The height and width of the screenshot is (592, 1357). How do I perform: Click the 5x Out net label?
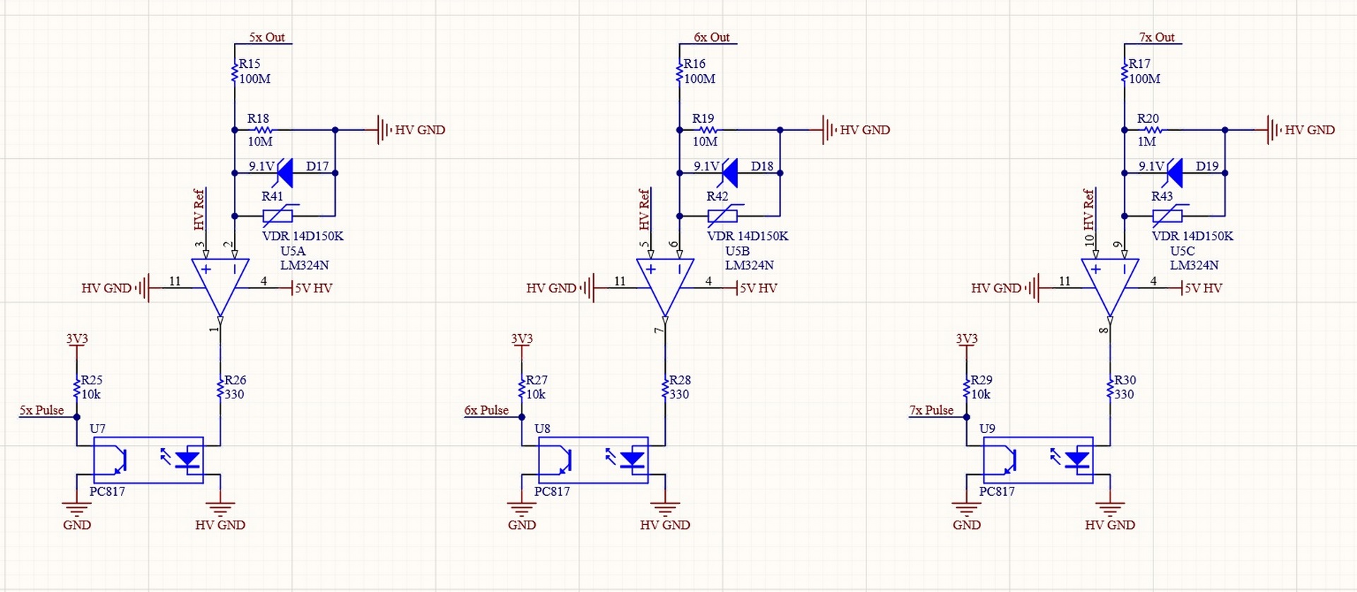point(266,37)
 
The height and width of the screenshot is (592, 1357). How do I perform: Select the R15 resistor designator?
point(249,64)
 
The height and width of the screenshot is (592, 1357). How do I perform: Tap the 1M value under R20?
point(1146,141)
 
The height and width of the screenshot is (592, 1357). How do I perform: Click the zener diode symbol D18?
point(728,172)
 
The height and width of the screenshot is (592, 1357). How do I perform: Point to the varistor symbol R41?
point(278,215)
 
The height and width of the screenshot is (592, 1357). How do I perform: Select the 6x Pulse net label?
point(486,410)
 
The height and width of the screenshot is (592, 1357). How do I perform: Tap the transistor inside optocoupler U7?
point(117,461)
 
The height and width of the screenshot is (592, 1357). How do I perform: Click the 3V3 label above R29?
point(966,338)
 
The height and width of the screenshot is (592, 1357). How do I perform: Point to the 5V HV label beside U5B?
point(758,288)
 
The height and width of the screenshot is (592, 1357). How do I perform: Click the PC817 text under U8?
point(552,491)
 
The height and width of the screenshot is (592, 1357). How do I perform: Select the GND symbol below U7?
point(76,508)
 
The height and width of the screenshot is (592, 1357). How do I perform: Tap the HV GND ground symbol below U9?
point(1110,508)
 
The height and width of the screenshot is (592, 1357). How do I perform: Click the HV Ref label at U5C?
point(1088,209)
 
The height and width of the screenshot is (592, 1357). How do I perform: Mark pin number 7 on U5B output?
point(659,330)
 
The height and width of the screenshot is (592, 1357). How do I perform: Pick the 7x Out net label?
point(1157,37)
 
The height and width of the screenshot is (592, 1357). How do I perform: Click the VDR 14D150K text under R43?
point(1192,236)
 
